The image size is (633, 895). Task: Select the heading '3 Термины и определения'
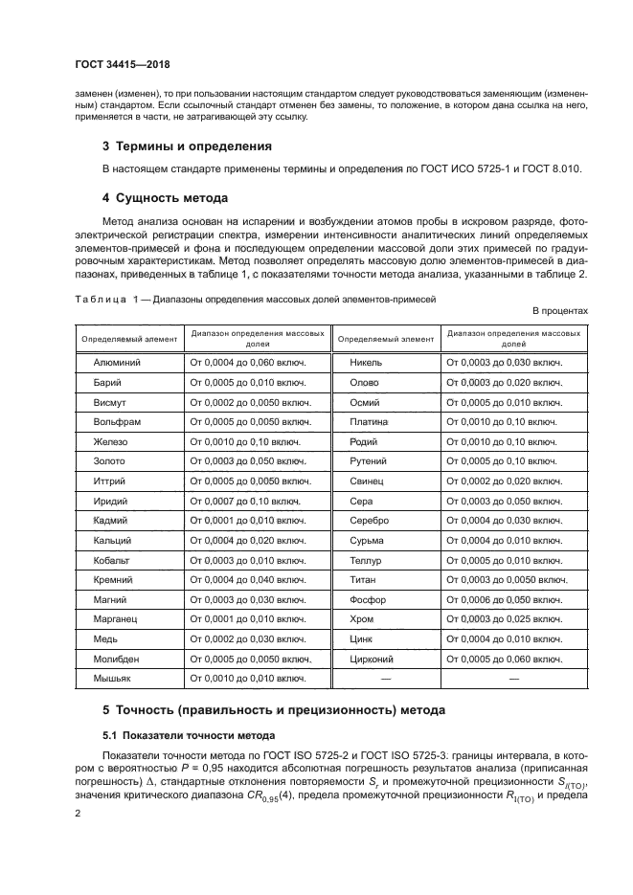click(x=187, y=146)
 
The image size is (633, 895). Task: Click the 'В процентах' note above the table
click(x=559, y=311)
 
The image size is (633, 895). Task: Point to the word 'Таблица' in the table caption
click(x=100, y=299)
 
